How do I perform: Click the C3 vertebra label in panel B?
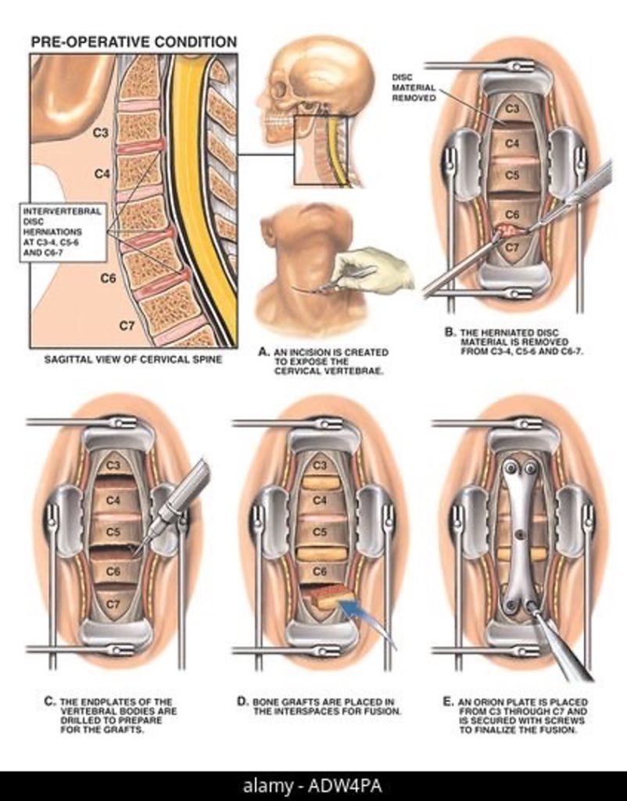click(x=512, y=110)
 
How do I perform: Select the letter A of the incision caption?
click(x=263, y=352)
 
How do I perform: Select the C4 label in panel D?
click(x=319, y=500)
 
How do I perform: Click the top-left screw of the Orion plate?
click(x=507, y=469)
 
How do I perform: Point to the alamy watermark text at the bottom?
click(x=313, y=785)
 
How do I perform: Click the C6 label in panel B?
click(x=512, y=213)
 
